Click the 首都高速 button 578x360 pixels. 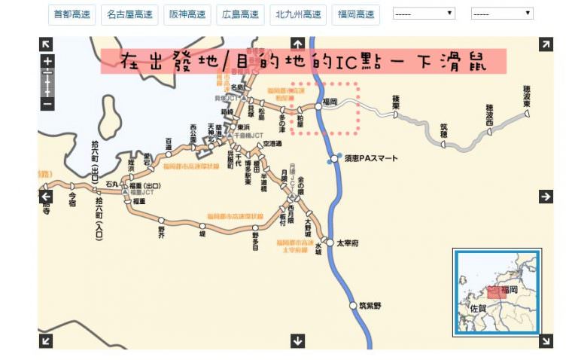(x=72, y=14)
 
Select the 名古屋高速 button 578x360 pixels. (x=129, y=14)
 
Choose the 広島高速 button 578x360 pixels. (x=241, y=14)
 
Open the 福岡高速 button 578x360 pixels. (x=355, y=14)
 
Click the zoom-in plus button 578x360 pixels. (x=47, y=61)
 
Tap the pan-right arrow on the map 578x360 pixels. (x=546, y=197)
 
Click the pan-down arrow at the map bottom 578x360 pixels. (x=297, y=341)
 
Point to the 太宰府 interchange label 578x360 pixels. (x=348, y=243)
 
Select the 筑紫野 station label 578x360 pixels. (x=370, y=306)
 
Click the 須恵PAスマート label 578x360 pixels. (x=371, y=159)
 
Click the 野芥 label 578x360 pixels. (x=160, y=232)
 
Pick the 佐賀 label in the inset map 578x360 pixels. (x=477, y=308)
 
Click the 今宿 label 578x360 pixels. (x=72, y=198)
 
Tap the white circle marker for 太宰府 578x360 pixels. (x=330, y=243)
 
